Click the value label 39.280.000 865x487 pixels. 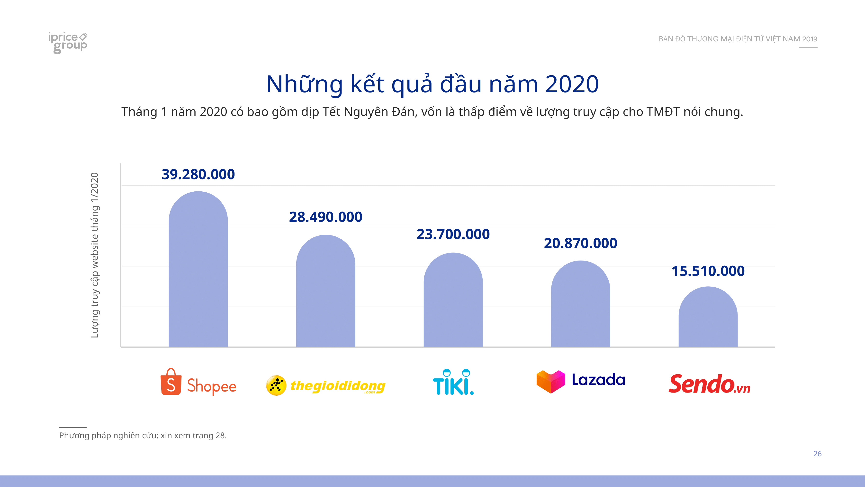(198, 174)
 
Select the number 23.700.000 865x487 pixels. (453, 234)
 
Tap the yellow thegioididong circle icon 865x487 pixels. (276, 385)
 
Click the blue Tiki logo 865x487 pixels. (453, 383)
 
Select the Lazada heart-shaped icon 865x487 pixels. (551, 382)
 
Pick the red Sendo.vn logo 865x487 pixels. (709, 384)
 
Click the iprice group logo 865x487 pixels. (67, 42)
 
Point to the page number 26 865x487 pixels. (817, 454)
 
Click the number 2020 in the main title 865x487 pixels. (572, 84)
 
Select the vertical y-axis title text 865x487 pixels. (95, 255)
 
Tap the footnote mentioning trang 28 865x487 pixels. (143, 436)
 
